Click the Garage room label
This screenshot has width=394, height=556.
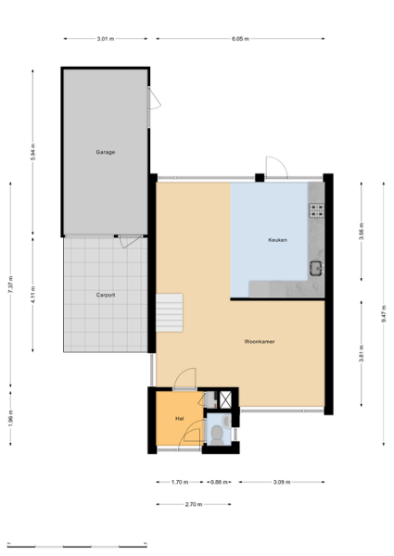[x=106, y=152]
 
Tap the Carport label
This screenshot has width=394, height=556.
[x=106, y=295]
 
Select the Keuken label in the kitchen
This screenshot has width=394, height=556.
[x=277, y=240]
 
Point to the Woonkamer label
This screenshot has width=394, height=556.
[x=260, y=341]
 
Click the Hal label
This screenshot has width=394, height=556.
[x=180, y=419]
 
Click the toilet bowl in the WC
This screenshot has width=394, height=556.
[x=217, y=434]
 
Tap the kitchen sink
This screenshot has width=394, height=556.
[x=315, y=268]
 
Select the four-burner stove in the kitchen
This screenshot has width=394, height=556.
[x=316, y=210]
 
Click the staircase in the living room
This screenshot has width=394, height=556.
[x=170, y=312]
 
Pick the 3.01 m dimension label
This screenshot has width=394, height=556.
[x=106, y=39]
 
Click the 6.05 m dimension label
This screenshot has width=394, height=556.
[x=240, y=39]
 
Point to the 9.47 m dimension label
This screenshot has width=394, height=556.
[x=384, y=314]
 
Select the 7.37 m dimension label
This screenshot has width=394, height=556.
[x=10, y=284]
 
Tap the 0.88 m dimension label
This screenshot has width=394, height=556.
[x=219, y=482]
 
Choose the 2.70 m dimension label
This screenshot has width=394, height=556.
[x=194, y=504]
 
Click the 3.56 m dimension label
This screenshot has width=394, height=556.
[x=361, y=231]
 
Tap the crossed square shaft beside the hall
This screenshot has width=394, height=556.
[x=225, y=399]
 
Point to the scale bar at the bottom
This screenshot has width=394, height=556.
[x=77, y=546]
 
